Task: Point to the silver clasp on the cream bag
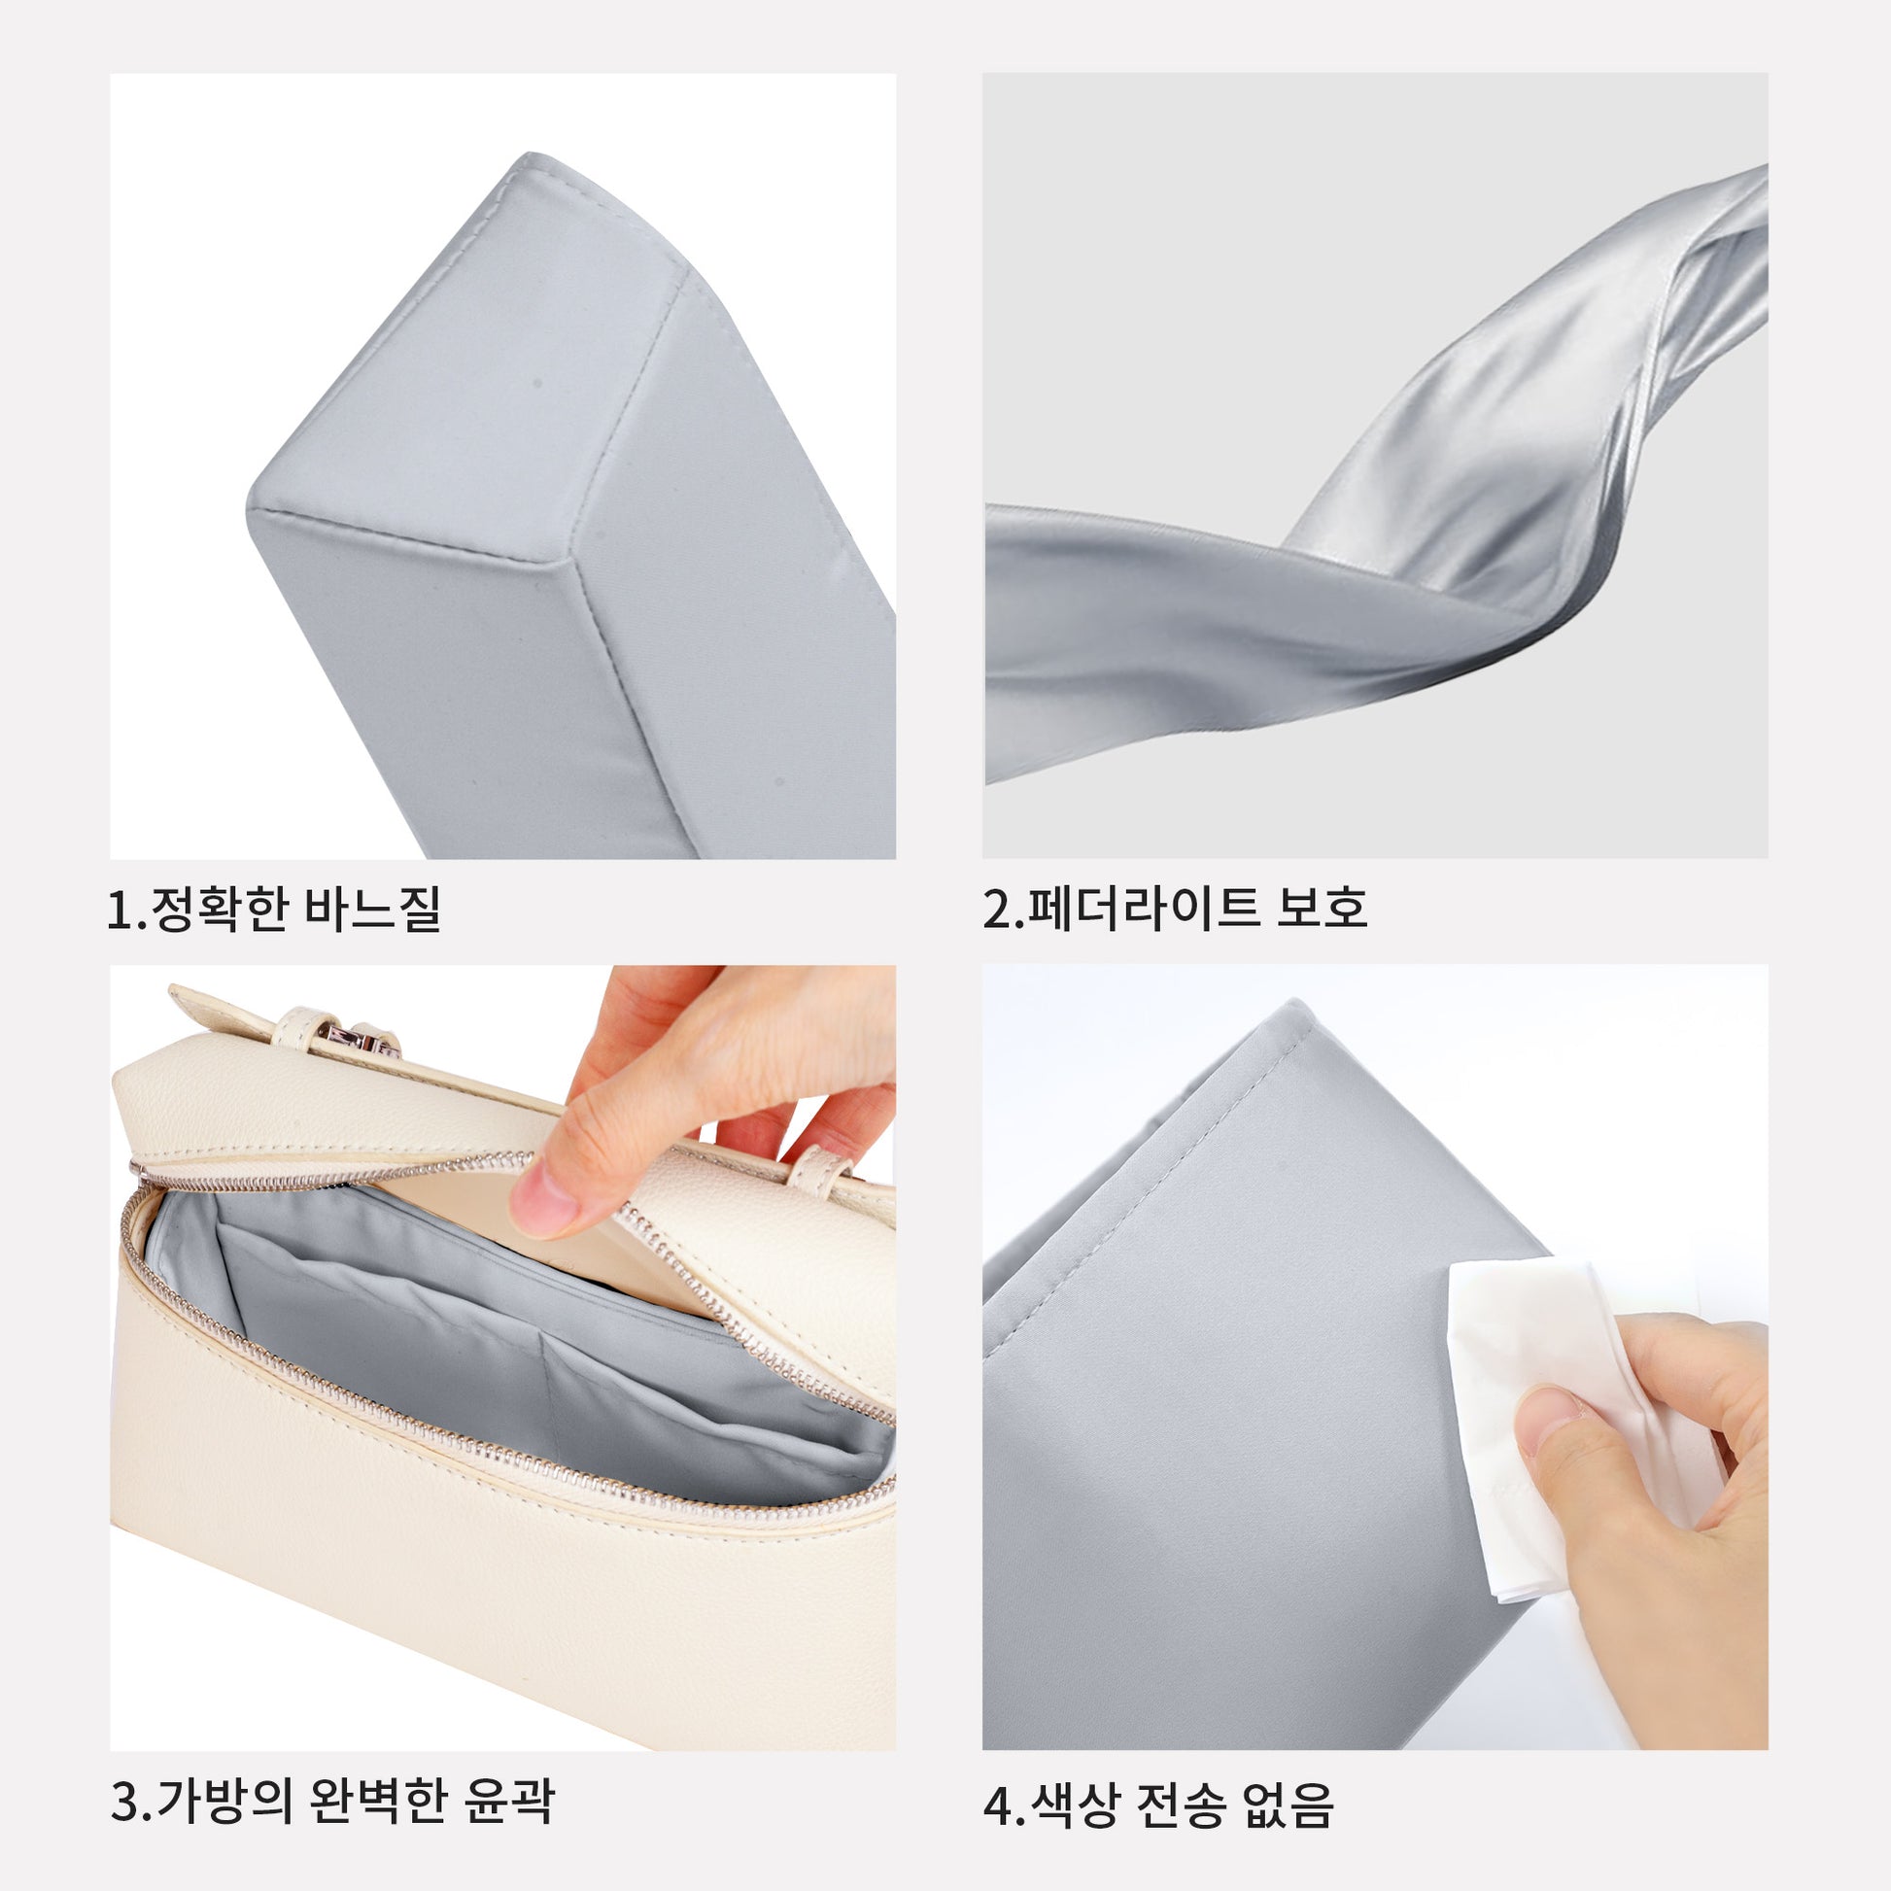373,1038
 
